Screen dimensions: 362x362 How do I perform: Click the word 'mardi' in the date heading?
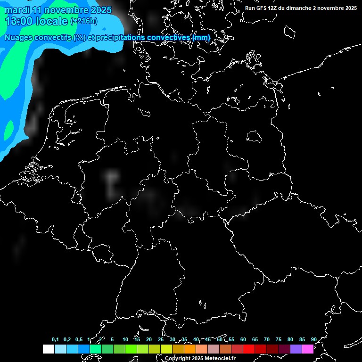coord(16,10)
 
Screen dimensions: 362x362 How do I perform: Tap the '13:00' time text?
coord(18,21)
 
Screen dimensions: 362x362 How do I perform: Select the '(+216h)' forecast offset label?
coord(84,21)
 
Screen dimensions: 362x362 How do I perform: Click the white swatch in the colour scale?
coord(49,349)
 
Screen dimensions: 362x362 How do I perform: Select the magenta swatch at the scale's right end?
coord(308,349)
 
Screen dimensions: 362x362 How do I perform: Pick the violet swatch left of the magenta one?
coord(296,349)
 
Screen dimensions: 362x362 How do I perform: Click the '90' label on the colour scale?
coord(313,340)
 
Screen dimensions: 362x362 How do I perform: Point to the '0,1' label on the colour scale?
coord(55,340)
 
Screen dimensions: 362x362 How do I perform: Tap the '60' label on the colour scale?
coord(243,340)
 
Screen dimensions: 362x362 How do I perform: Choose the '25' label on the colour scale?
coord(160,340)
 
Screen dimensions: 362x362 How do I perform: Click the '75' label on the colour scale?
coord(278,340)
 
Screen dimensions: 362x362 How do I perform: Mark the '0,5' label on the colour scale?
coord(79,340)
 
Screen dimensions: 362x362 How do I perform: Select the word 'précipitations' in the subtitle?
coord(120,37)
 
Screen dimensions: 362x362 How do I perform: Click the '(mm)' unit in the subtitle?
coord(201,37)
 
